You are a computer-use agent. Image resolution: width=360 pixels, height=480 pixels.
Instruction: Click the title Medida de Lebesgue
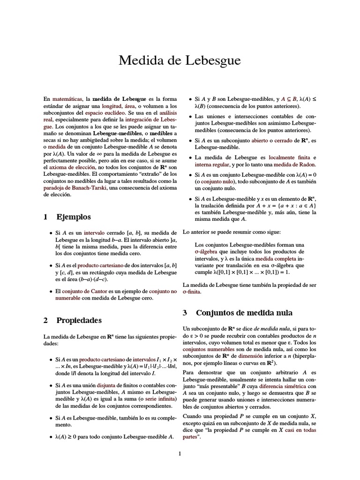point(180,60)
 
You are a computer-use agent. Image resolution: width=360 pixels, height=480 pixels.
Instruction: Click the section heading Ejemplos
point(74,217)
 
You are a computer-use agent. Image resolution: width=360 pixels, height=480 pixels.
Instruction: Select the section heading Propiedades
point(79,321)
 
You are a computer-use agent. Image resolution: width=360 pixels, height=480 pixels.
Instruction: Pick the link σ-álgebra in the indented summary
point(209,252)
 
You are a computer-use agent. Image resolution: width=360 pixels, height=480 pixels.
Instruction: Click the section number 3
point(185,313)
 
